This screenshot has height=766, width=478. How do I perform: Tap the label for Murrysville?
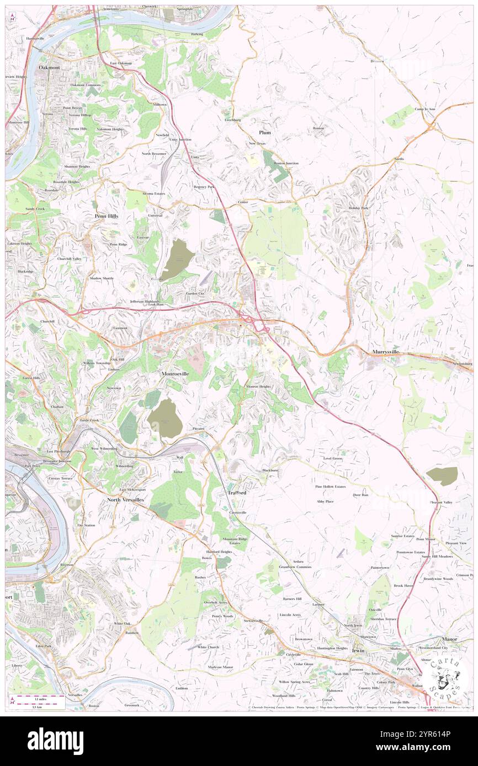pyautogui.click(x=385, y=351)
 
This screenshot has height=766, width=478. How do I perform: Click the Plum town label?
pyautogui.click(x=265, y=132)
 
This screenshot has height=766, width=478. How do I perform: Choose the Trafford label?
pyautogui.click(x=236, y=492)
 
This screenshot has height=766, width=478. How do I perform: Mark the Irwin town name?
pyautogui.click(x=358, y=650)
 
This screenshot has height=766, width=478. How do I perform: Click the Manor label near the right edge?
pyautogui.click(x=449, y=639)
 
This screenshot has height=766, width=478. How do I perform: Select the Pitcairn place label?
pyautogui.click(x=199, y=428)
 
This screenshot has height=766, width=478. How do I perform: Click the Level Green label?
pyautogui.click(x=333, y=458)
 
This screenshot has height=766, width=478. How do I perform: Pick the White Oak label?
pyautogui.click(x=122, y=623)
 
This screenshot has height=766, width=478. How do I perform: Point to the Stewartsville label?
pyautogui.click(x=253, y=621)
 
